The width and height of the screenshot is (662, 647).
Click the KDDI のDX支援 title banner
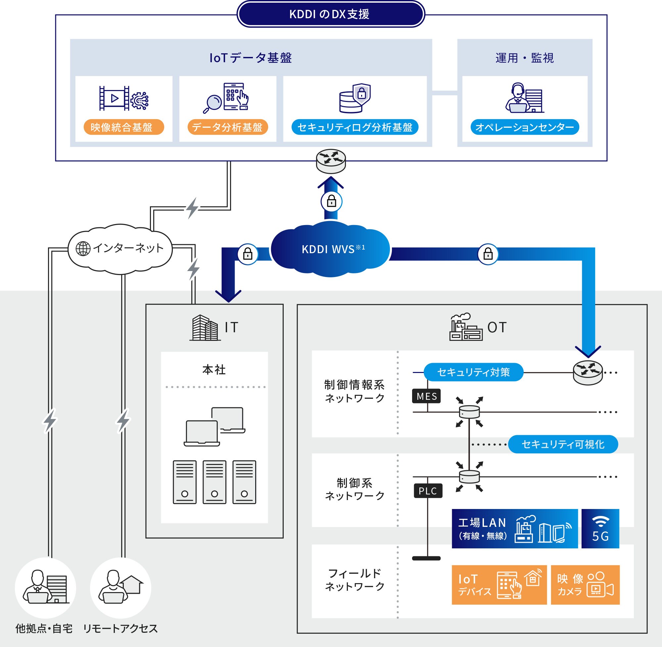330,14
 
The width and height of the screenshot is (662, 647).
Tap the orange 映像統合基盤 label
124,127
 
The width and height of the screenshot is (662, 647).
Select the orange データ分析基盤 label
227,127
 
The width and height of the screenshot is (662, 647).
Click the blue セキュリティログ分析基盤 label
355,127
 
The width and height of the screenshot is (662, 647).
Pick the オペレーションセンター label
524,127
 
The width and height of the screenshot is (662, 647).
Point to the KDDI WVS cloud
330,249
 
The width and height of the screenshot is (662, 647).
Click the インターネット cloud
120,249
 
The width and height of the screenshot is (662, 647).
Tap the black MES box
426,396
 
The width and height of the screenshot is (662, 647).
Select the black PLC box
428,491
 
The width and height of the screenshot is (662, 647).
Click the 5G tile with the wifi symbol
600,529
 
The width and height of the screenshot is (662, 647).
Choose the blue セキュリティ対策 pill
473,372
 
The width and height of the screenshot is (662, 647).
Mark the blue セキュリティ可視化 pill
563,444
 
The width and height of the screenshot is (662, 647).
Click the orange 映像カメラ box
585,584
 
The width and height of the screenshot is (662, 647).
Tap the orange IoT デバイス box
499,584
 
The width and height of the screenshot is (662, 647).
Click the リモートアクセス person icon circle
120,587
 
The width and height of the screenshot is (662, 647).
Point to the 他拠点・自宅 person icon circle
45,587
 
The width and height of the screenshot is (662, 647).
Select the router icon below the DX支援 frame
331,161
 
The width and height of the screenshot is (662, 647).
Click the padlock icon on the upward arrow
331,202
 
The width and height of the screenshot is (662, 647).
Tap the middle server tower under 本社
214,482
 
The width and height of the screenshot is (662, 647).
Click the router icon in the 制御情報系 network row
588,372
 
